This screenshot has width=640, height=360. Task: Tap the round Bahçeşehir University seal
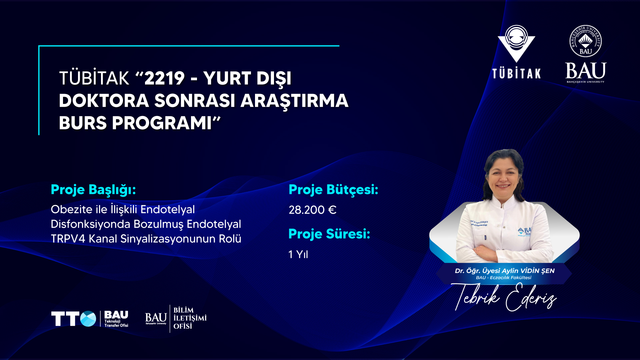pyautogui.click(x=586, y=41)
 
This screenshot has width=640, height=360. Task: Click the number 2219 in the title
pyautogui.click(x=164, y=78)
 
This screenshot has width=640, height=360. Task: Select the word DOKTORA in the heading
pyautogui.click(x=104, y=101)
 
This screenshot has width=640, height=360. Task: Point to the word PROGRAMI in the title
pyautogui.click(x=162, y=123)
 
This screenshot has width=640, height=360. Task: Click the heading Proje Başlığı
pyautogui.click(x=93, y=190)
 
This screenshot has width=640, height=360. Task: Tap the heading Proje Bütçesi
pyautogui.click(x=333, y=190)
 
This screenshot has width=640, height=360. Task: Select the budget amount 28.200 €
pyautogui.click(x=313, y=210)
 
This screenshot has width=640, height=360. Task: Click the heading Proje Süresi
pyautogui.click(x=329, y=234)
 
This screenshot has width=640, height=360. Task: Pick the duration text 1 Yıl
pyautogui.click(x=298, y=255)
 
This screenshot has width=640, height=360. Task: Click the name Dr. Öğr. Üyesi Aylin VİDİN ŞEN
pyautogui.click(x=505, y=271)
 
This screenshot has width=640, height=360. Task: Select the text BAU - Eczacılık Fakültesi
pyautogui.click(x=504, y=278)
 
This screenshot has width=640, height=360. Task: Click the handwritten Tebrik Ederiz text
pyautogui.click(x=504, y=297)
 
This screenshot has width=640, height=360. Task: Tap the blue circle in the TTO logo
pyautogui.click(x=88, y=319)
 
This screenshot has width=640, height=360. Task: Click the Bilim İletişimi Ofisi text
pyautogui.click(x=190, y=318)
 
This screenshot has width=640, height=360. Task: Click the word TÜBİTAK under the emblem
pyautogui.click(x=517, y=74)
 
